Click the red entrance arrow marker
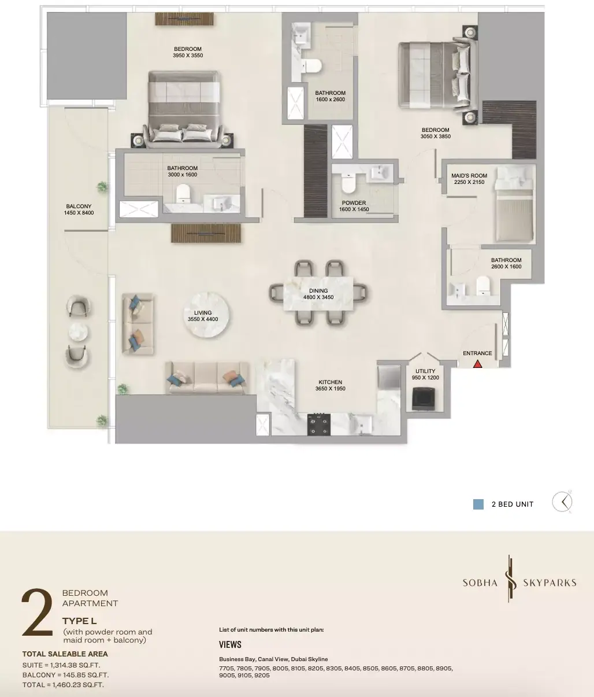coord(477,364)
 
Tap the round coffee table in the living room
coord(207,315)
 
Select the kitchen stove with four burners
coord(318,424)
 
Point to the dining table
coord(318,294)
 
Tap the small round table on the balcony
coord(78,332)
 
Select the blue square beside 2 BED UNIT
coord(478,504)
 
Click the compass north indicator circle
coord(562,501)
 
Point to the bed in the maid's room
coord(514,205)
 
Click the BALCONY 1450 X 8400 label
coord(79,209)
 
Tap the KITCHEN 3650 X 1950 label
coord(330,385)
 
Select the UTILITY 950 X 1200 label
coord(425,374)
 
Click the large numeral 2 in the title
coord(38,613)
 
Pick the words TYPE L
coord(80,621)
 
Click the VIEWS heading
coord(230,644)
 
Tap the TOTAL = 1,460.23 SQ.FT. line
coord(63,684)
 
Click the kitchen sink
coord(362,424)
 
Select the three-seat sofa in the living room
coord(207,378)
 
